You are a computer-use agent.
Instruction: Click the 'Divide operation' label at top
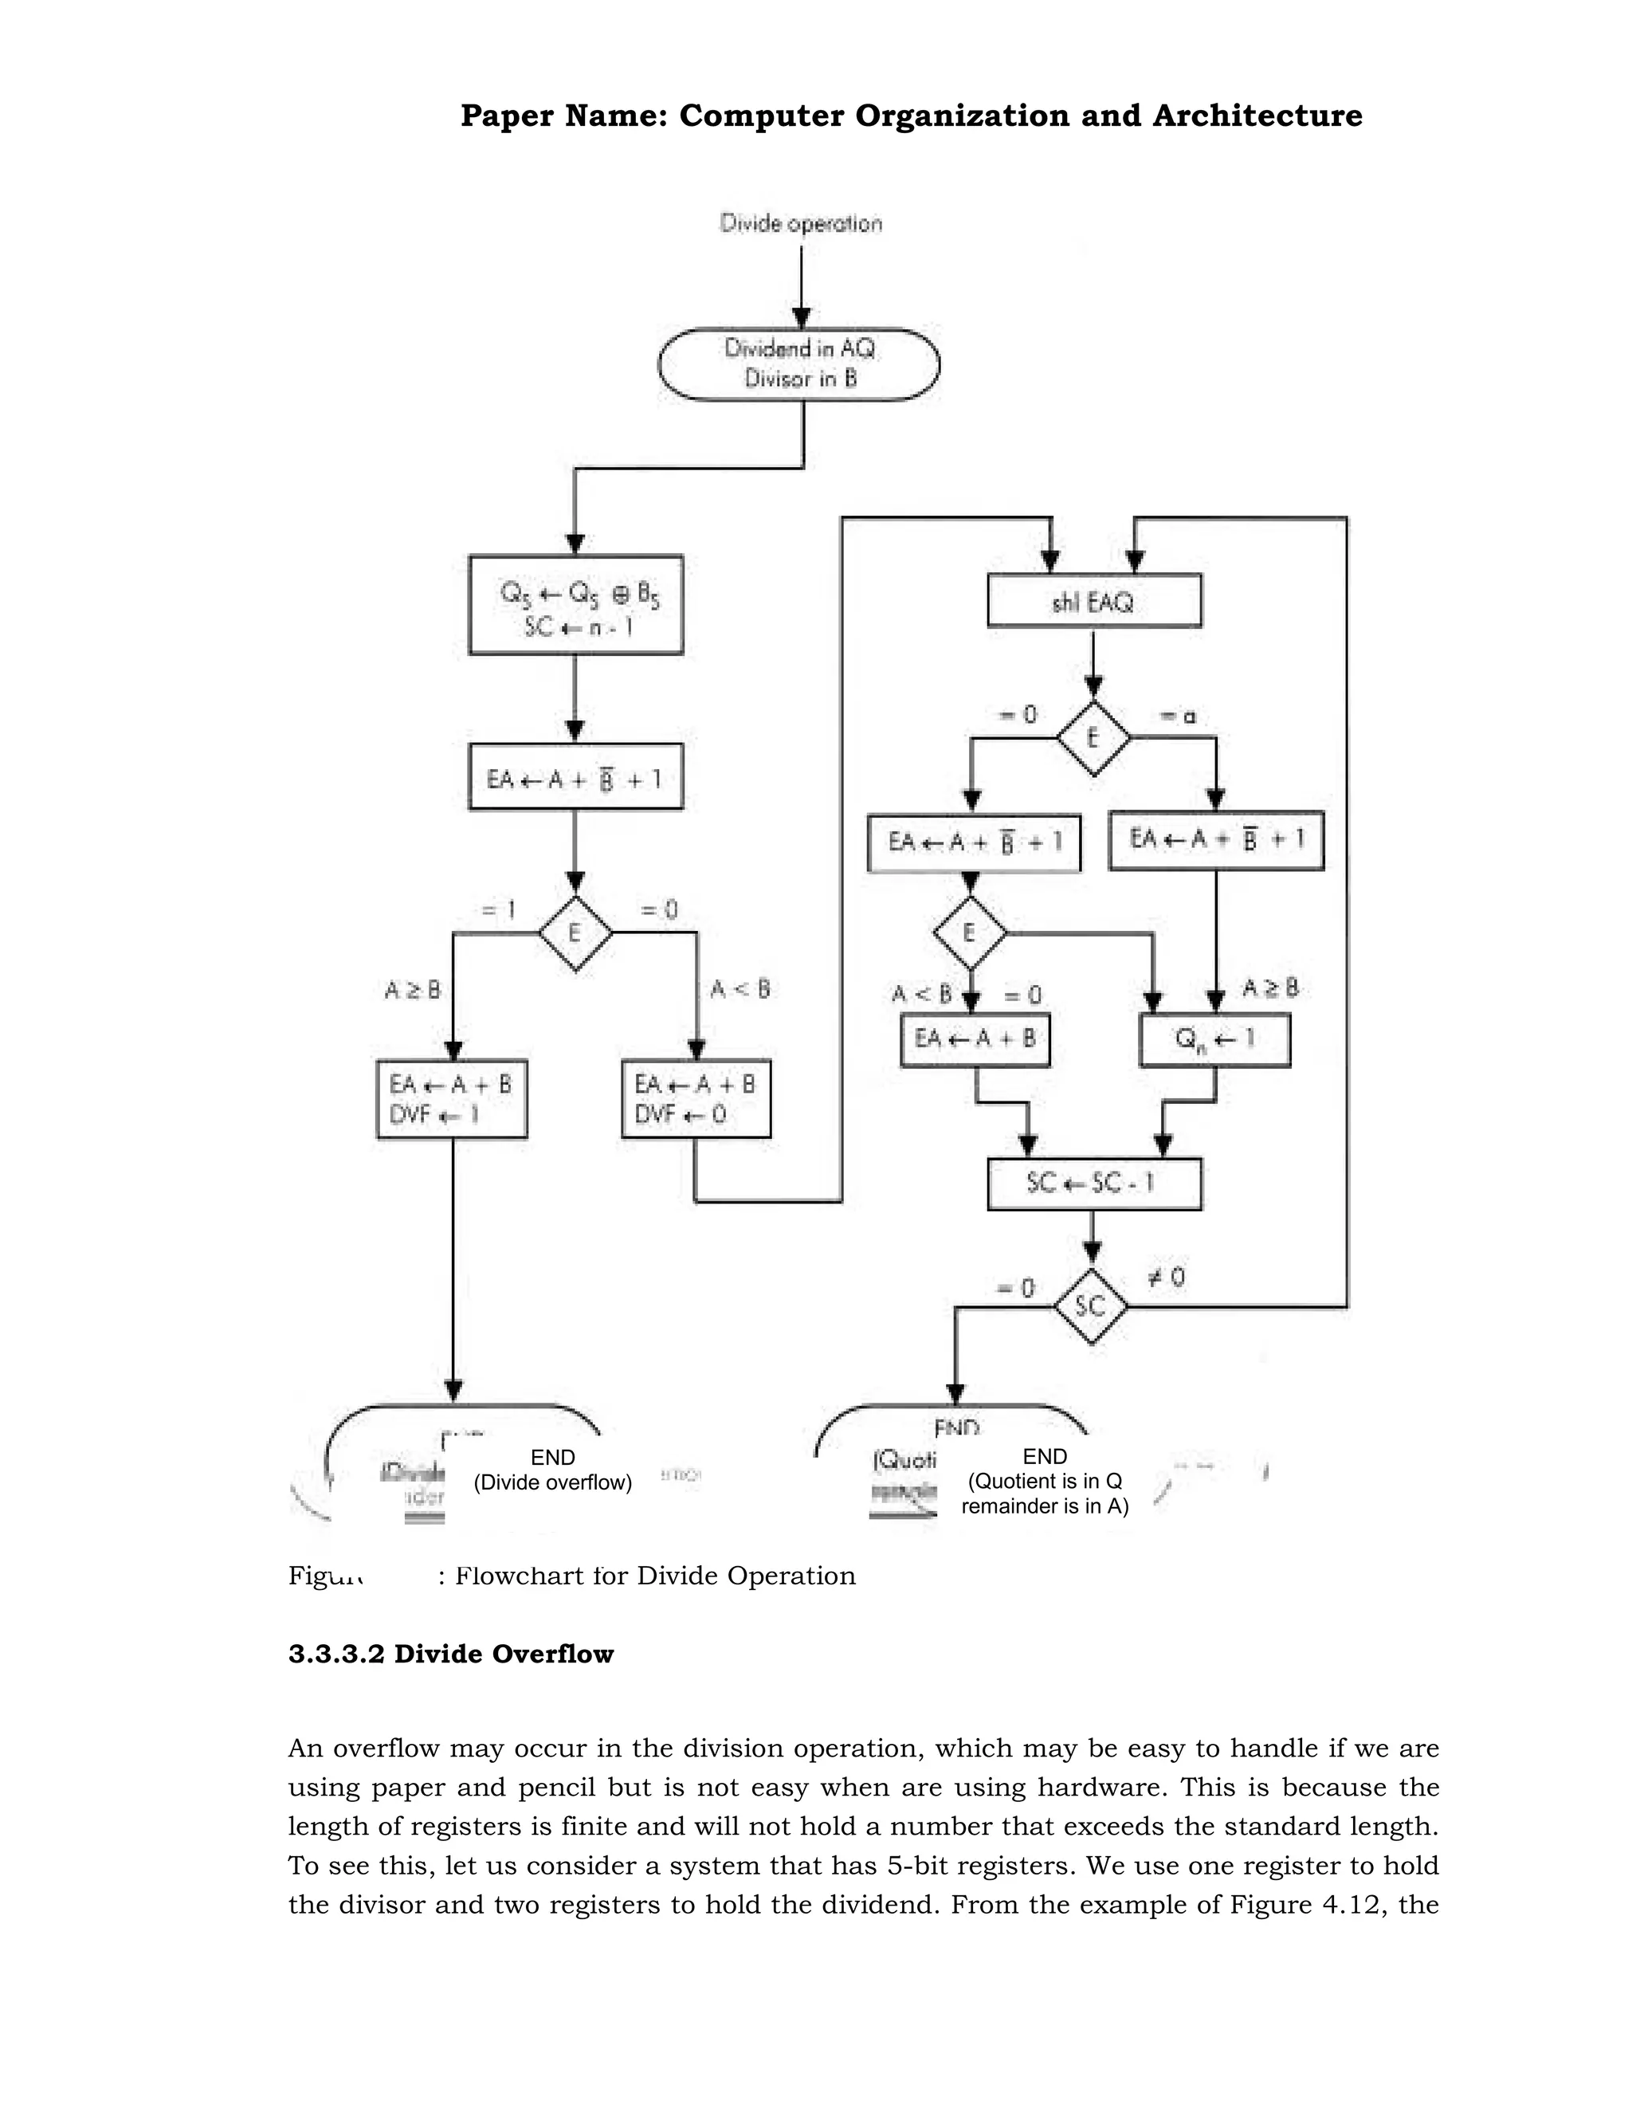[x=801, y=223]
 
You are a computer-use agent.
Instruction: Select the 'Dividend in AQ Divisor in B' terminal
[x=799, y=363]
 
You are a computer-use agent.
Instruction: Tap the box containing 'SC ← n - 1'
[x=575, y=604]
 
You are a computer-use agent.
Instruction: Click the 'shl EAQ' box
[x=1093, y=601]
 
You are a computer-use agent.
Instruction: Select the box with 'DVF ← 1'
[x=452, y=1100]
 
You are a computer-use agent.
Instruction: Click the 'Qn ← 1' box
[x=1214, y=1039]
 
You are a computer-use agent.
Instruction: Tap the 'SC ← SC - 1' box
[x=1093, y=1183]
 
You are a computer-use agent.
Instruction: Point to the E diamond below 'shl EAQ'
[x=1093, y=739]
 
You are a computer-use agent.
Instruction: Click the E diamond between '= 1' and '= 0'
[x=575, y=933]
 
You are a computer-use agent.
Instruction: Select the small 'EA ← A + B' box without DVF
[x=975, y=1039]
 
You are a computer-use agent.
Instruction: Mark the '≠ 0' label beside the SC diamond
[x=1167, y=1278]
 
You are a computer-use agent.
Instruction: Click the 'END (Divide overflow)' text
[x=552, y=1470]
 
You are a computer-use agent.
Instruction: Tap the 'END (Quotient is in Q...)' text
[x=1044, y=1481]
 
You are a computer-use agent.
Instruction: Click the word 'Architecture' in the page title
[x=1257, y=116]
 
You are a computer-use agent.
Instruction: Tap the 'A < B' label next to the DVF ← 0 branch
[x=740, y=989]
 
